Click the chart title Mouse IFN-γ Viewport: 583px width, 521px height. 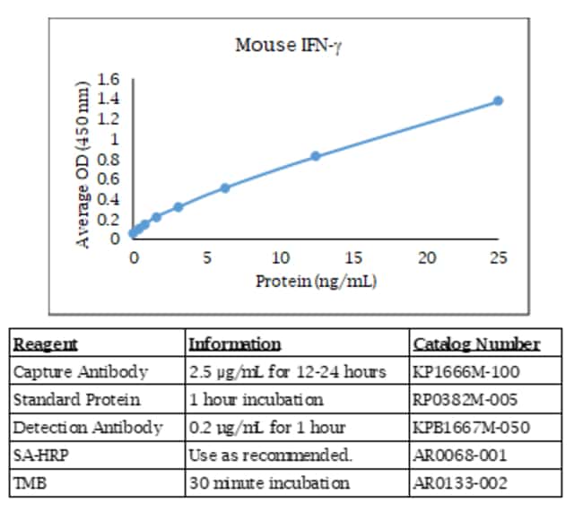coord(288,46)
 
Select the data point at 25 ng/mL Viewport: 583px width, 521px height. coord(498,100)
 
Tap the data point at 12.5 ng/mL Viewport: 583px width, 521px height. coord(316,156)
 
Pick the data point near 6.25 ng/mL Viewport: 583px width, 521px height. coord(225,187)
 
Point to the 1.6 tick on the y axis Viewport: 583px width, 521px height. coord(109,81)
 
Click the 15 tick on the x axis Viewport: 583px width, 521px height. coord(353,258)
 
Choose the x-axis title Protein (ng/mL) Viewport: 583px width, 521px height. coord(316,281)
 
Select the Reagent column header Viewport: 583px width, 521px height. coord(45,344)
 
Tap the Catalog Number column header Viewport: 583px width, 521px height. coord(476,344)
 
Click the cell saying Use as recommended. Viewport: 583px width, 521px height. coord(270,455)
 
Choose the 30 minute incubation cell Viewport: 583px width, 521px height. coord(269,482)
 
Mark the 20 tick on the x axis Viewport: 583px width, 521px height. coord(427,258)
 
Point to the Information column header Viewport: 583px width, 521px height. coord(234,344)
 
